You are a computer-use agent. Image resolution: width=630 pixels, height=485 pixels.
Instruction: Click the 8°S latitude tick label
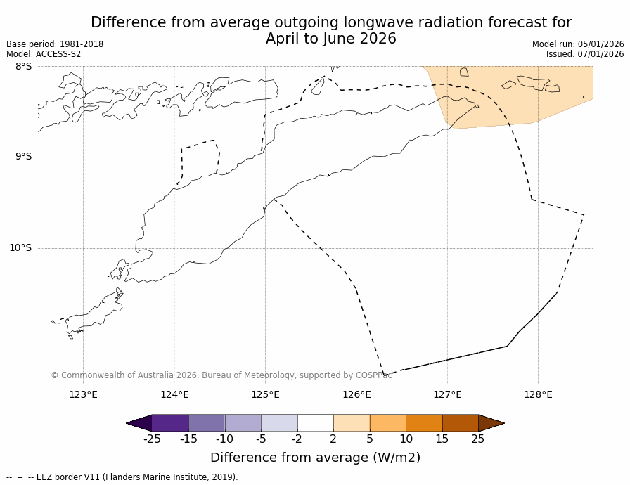pos(23,66)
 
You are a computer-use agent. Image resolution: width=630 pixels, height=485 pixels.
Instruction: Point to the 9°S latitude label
pos(23,157)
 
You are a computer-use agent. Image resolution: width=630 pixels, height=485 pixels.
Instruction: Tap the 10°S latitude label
pos(20,247)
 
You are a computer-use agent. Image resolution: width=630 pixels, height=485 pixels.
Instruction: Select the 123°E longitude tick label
pos(83,394)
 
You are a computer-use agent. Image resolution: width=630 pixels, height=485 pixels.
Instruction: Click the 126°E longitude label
pos(356,394)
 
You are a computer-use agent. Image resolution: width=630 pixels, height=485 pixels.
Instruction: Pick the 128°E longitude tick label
pos(538,394)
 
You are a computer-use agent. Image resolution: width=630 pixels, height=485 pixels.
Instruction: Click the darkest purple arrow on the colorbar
pos(140,423)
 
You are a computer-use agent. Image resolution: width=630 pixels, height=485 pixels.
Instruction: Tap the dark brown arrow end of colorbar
pos(491,423)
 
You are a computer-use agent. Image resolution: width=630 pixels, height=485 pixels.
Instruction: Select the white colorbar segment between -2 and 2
pos(315,423)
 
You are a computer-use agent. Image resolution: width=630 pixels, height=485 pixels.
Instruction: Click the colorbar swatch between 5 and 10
pos(387,423)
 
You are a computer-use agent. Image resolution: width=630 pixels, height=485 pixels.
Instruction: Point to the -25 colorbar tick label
pos(152,439)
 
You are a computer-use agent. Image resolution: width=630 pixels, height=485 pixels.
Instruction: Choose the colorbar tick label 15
pos(442,439)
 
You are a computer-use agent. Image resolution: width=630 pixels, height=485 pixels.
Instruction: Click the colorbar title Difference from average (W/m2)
pos(315,458)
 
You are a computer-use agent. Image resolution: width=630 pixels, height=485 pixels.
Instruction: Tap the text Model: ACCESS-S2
pos(44,54)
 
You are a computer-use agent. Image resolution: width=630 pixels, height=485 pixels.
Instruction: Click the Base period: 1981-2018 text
pos(55,44)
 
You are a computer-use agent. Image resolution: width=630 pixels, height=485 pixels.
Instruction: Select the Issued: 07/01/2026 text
pos(585,54)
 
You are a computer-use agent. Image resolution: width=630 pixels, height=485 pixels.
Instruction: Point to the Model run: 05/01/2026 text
pos(578,44)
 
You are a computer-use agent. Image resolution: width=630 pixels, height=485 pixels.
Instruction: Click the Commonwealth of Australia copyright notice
pos(221,375)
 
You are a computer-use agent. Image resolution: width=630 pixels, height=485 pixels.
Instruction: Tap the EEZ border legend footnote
pos(122,477)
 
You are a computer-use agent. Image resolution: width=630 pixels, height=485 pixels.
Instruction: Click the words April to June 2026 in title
pos(330,39)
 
